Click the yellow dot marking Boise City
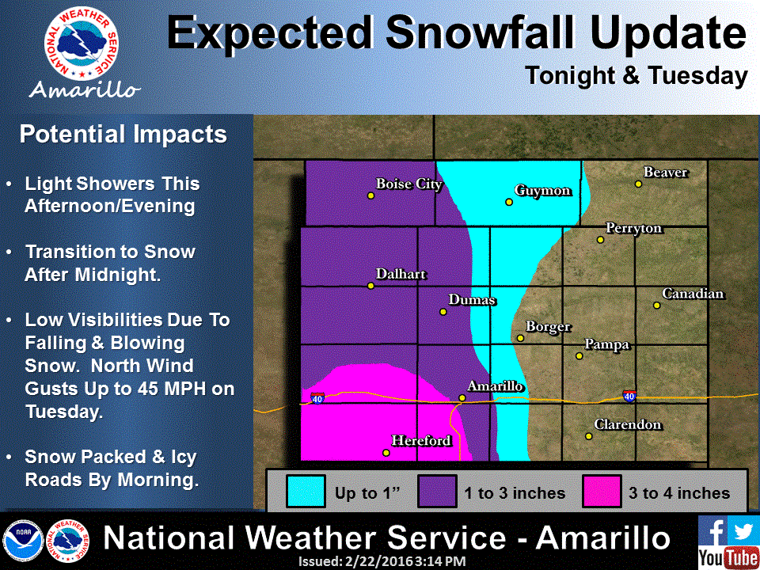370,195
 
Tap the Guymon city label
542,191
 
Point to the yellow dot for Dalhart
370,286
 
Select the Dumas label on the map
472,300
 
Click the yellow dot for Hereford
386,453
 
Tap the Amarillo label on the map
496,386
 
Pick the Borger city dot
520,338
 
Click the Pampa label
607,344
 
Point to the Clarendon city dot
589,436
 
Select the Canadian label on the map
693,294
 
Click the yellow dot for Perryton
600,239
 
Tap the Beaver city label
666,173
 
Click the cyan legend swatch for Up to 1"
305,492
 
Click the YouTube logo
728,557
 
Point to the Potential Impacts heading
123,135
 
